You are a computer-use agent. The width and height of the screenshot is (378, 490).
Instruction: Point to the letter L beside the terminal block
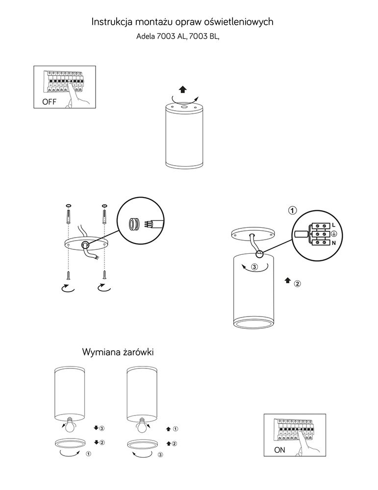[x=333, y=224]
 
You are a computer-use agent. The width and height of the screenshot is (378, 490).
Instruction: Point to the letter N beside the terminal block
[x=333, y=243]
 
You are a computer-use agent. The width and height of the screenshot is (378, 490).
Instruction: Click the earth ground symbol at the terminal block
[x=333, y=234]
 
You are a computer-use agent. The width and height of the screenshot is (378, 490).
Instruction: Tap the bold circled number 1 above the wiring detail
[x=292, y=211]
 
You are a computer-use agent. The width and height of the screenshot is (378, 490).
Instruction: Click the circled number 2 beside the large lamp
[x=297, y=283]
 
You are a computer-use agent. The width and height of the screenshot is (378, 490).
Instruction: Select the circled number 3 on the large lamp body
[x=254, y=268]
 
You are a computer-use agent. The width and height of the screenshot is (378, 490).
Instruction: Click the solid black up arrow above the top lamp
[x=182, y=89]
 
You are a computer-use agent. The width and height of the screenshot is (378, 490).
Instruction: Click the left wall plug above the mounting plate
[x=69, y=216]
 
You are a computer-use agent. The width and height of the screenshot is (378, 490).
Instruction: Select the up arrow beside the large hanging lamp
[x=286, y=280]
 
